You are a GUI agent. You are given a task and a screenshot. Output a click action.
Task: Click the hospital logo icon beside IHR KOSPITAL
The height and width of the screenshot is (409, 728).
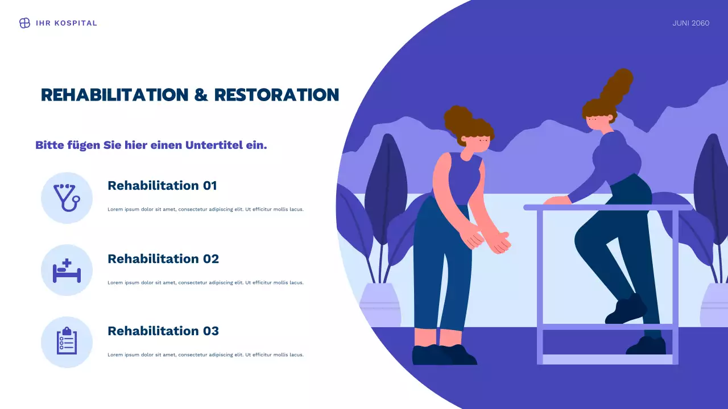(x=24, y=23)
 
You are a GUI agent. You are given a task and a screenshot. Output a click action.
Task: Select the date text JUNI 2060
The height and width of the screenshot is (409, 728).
(x=690, y=23)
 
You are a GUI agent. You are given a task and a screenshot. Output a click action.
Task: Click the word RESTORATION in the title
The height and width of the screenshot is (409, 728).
(x=276, y=95)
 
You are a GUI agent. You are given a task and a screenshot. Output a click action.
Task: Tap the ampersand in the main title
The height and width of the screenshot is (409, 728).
(x=201, y=95)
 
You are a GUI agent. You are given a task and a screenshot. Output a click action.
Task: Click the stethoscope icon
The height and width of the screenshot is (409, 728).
(x=67, y=198)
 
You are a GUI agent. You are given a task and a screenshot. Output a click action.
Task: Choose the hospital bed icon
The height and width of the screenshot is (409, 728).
(x=67, y=270)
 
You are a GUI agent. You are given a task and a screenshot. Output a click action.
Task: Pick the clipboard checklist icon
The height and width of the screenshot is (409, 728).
(x=67, y=342)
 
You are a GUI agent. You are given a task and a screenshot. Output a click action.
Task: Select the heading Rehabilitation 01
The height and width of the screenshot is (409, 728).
(x=162, y=186)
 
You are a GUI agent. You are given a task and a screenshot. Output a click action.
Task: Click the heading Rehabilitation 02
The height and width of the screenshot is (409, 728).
(x=163, y=259)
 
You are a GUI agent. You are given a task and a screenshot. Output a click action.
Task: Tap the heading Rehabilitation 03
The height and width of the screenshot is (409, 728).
(x=163, y=331)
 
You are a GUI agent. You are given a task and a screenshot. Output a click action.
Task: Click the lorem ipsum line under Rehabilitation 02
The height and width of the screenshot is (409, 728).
(x=205, y=282)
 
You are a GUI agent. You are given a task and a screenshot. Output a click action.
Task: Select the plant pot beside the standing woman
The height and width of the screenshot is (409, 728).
(x=380, y=304)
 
